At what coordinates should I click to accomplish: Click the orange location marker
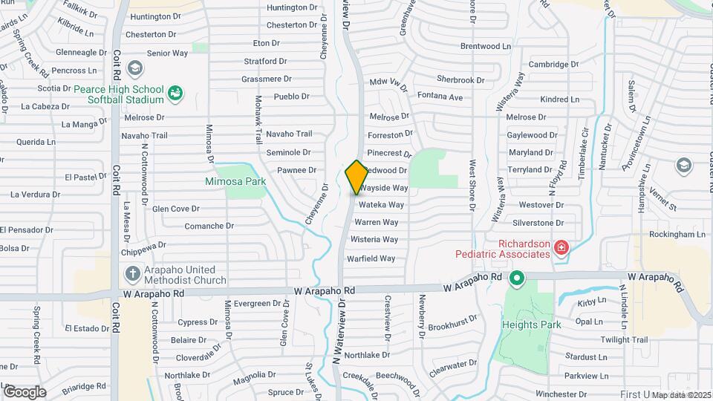click(356, 177)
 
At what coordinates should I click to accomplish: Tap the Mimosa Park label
click(235, 180)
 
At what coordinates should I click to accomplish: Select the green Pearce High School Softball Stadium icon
click(176, 93)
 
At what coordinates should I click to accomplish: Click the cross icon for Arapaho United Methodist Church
click(132, 273)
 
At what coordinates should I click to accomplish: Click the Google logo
click(25, 391)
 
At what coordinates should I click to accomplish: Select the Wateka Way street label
click(381, 205)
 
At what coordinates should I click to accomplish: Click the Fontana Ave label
click(440, 97)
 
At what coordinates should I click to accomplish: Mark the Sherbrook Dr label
click(460, 79)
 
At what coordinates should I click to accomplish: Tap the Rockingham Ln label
click(677, 234)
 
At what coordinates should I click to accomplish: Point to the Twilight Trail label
click(625, 339)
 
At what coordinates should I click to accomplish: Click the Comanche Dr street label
click(209, 226)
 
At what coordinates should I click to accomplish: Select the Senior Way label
click(167, 53)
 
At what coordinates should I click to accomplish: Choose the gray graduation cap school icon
click(134, 69)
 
